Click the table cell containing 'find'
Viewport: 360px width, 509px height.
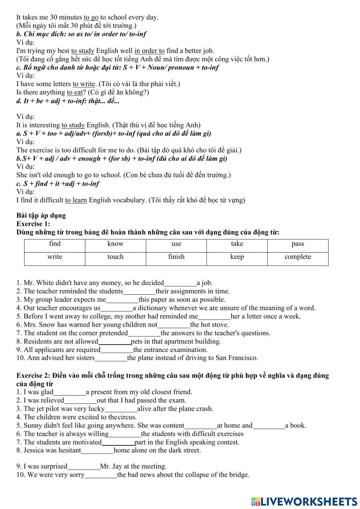[x=55, y=244]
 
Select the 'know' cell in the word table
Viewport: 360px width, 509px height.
[x=115, y=244]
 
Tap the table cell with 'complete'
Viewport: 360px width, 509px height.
[x=298, y=257]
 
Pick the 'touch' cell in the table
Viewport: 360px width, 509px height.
[x=115, y=257]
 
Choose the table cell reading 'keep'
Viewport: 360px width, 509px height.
[x=237, y=257]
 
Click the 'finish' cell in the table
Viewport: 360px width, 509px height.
[x=176, y=257]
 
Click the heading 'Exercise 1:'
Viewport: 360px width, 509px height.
[x=33, y=224]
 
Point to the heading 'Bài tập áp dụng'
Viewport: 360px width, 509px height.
[x=41, y=216]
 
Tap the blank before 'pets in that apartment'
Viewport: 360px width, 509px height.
[x=114, y=342]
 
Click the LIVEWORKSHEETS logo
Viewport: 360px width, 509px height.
[x=304, y=501]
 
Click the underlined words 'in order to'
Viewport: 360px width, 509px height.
[x=149, y=51]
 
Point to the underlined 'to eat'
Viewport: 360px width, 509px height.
[x=75, y=93]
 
